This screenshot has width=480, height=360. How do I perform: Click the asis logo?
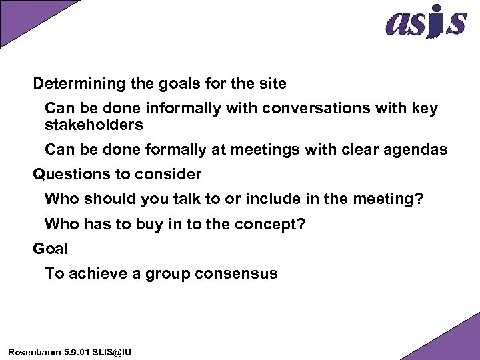425,22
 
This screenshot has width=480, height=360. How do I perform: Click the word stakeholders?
94,125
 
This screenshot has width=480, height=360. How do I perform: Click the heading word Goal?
51,249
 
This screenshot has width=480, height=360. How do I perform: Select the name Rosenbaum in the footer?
30,351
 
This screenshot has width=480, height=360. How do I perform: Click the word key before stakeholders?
425,109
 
